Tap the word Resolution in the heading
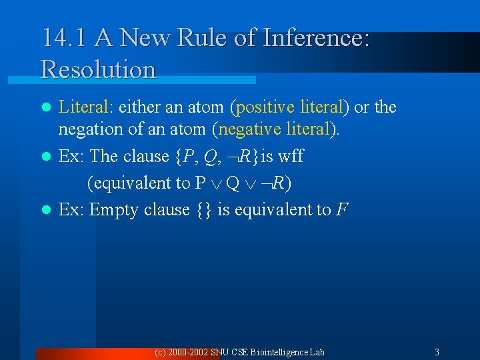coord(98,69)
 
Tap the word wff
coord(291,156)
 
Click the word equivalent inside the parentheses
coord(139,183)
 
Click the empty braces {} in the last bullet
coord(204,210)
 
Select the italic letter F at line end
coord(342,210)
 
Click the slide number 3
coord(437,351)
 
